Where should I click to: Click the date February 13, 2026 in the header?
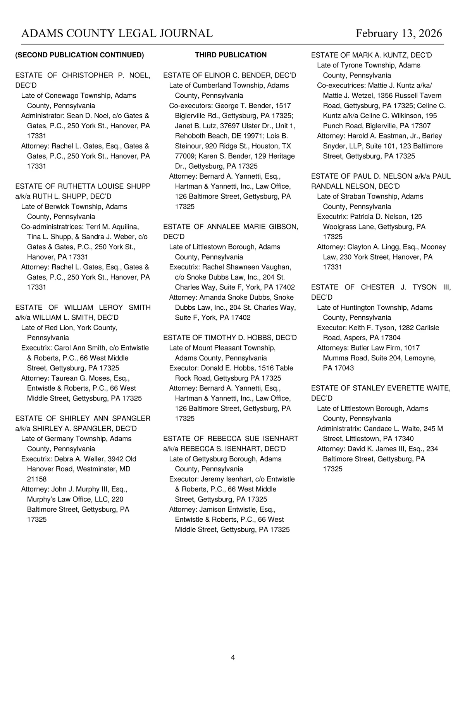(399, 33)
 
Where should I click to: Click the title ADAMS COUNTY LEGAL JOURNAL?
(117, 33)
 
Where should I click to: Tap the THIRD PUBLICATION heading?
(231, 55)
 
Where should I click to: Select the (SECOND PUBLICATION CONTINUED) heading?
(79, 55)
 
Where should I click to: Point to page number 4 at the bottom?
(232, 657)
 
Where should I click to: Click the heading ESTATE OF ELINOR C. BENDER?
(229, 75)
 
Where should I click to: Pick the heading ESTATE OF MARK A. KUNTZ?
(371, 55)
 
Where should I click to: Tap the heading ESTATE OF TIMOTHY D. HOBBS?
(230, 338)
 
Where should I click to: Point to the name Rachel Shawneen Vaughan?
(246, 267)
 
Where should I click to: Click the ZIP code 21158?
(37, 479)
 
